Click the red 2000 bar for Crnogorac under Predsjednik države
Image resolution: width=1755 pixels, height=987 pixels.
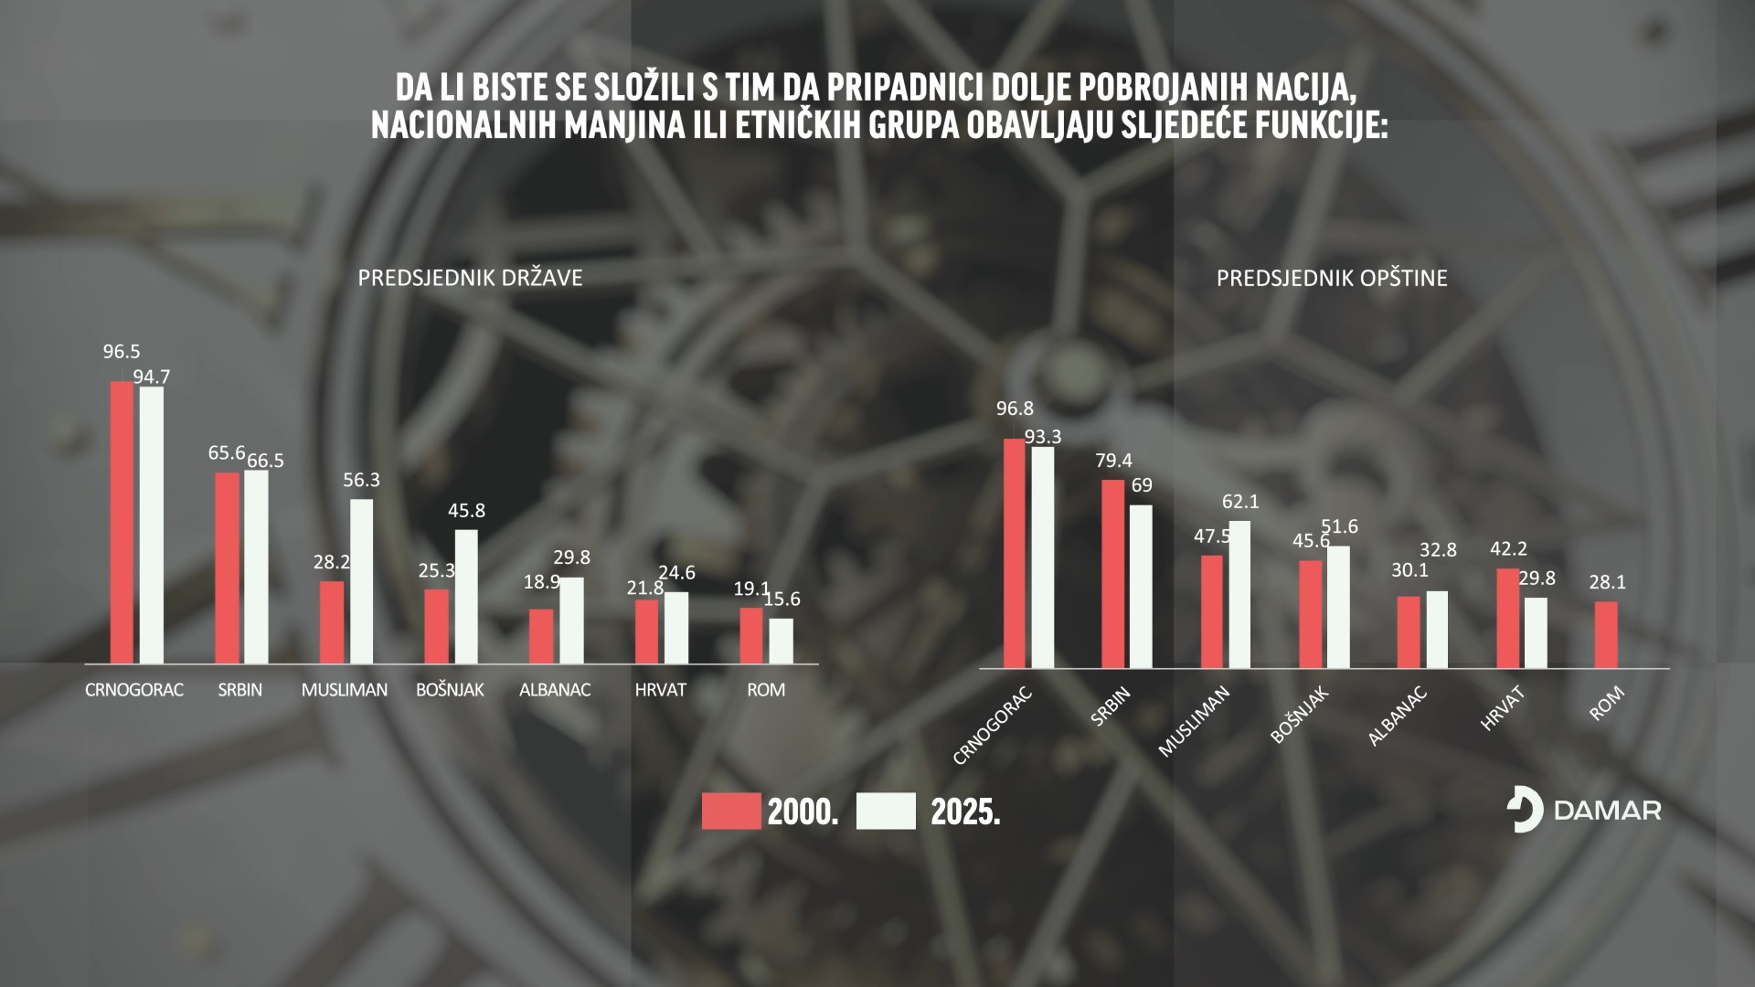pos(122,522)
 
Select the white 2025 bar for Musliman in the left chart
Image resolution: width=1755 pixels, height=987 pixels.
pos(362,581)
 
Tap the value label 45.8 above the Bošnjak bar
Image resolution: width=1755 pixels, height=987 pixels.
pos(466,511)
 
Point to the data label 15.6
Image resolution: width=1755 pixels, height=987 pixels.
pos(782,600)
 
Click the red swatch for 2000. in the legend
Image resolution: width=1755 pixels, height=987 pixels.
pos(731,812)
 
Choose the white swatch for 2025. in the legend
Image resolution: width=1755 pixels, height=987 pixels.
pos(886,812)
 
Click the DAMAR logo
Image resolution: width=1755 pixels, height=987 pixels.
pos(1583,810)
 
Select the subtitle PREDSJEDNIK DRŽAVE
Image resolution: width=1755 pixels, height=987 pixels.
pos(470,278)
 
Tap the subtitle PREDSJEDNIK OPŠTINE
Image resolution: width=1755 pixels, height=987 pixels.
pos(1331,278)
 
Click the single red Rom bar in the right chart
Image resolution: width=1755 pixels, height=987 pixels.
pos(1606,634)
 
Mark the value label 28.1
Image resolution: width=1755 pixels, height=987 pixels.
pos(1607,582)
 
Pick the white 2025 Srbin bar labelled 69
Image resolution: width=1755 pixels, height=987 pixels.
pos(1141,587)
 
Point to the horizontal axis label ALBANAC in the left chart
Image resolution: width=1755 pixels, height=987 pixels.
pos(555,690)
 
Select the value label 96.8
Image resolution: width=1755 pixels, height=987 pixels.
pos(1015,409)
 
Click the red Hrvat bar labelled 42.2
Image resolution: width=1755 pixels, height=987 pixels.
pos(1508,618)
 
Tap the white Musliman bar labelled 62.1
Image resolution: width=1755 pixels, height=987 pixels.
pos(1239,594)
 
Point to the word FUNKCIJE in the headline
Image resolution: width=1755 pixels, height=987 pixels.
pos(1316,125)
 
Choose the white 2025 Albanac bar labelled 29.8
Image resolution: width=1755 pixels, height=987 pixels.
pos(571,620)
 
